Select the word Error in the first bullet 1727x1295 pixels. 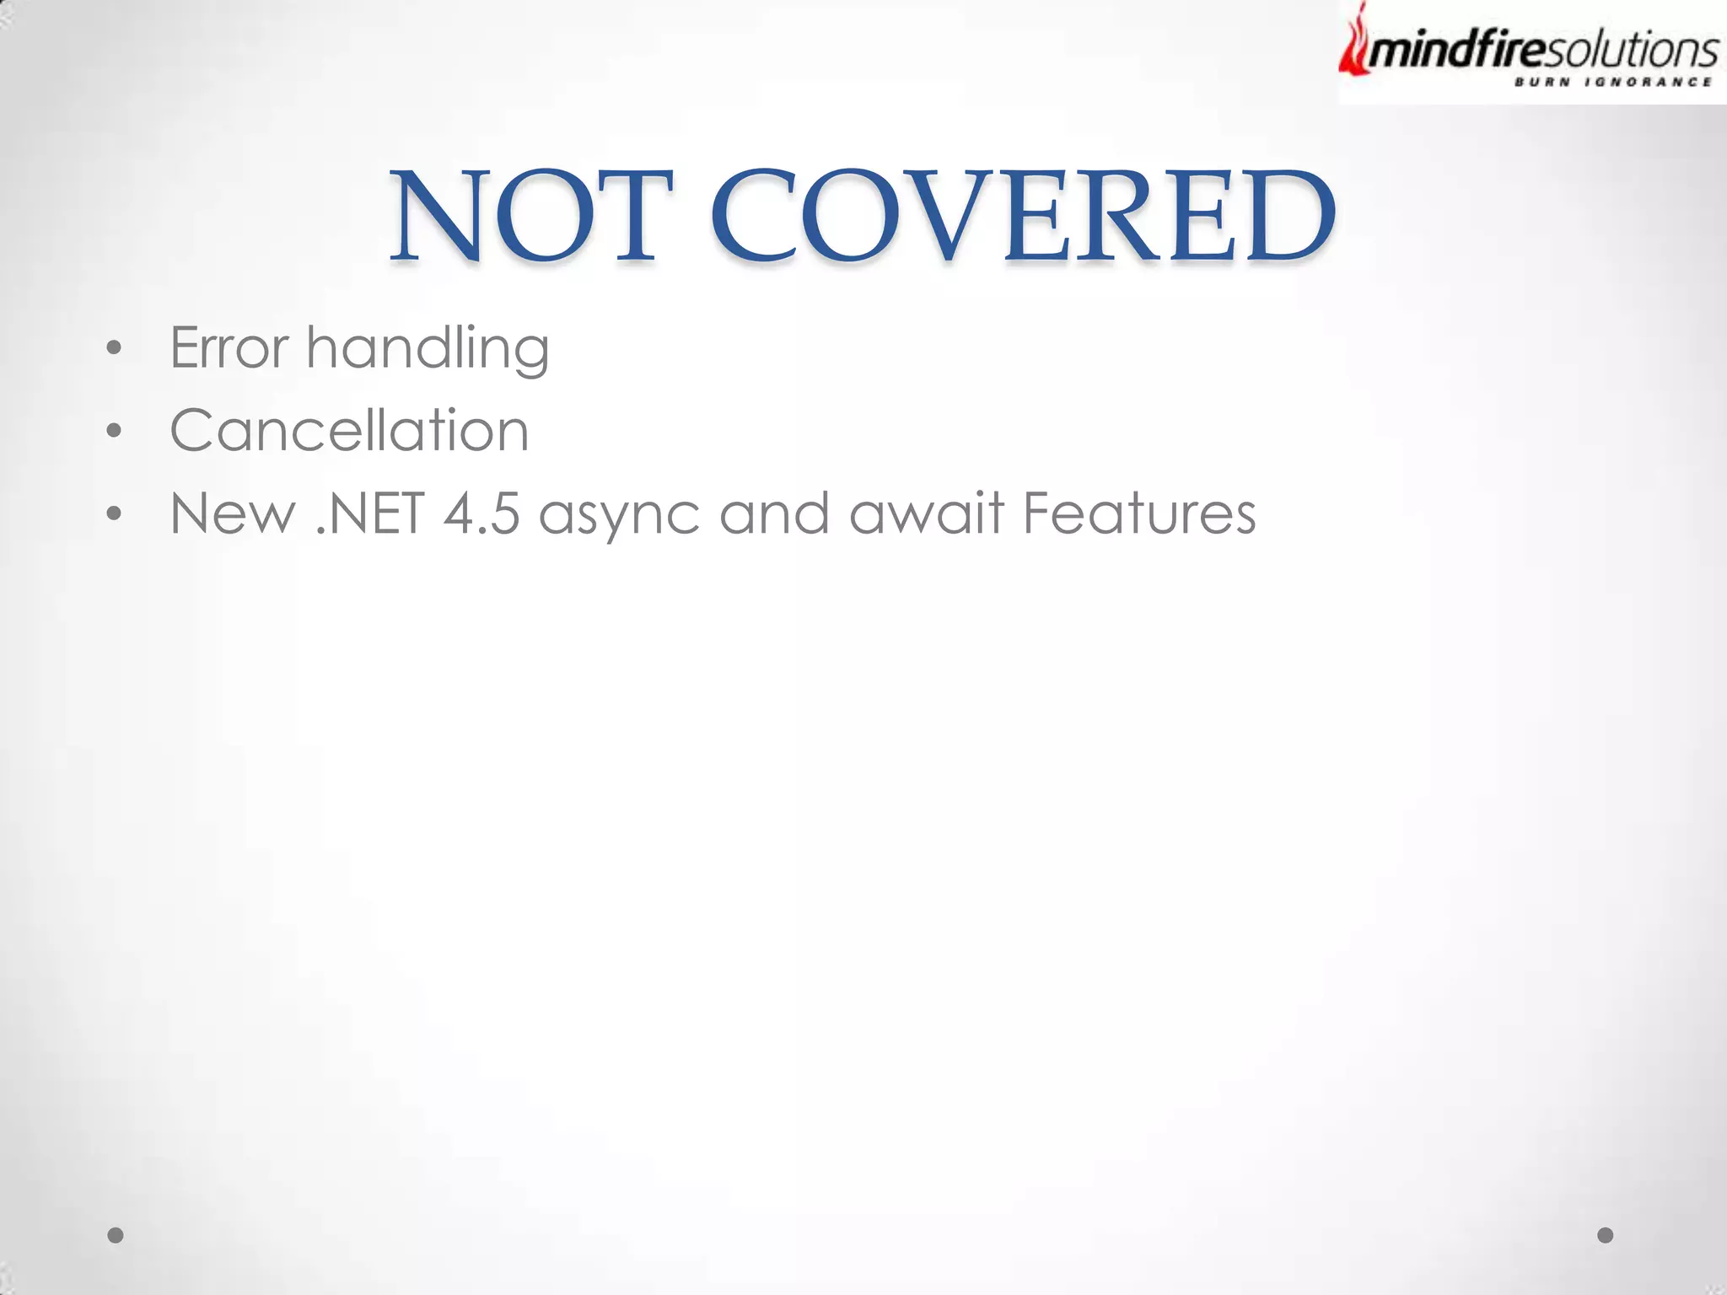[x=229, y=347]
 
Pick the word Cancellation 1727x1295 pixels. [x=349, y=430]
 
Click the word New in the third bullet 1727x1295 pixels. [x=233, y=513]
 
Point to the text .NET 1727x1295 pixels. [x=369, y=513]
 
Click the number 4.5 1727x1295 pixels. [x=482, y=513]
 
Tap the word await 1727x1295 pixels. [x=927, y=513]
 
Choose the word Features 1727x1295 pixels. [x=1138, y=513]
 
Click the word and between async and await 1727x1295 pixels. [x=774, y=513]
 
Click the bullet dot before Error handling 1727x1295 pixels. [x=115, y=348]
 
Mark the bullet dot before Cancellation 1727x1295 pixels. [x=115, y=431]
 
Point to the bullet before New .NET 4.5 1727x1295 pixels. [x=115, y=513]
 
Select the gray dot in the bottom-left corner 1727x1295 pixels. [x=116, y=1235]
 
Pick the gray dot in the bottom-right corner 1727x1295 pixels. [x=1606, y=1235]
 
